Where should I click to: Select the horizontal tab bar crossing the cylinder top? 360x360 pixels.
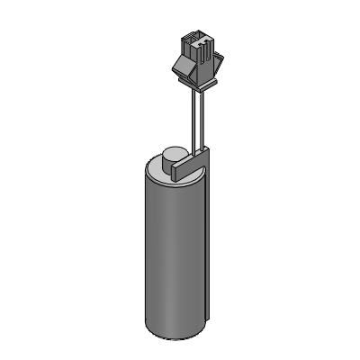185,166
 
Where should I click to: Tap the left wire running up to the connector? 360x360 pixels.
191,117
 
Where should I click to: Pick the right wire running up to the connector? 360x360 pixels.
199,117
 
